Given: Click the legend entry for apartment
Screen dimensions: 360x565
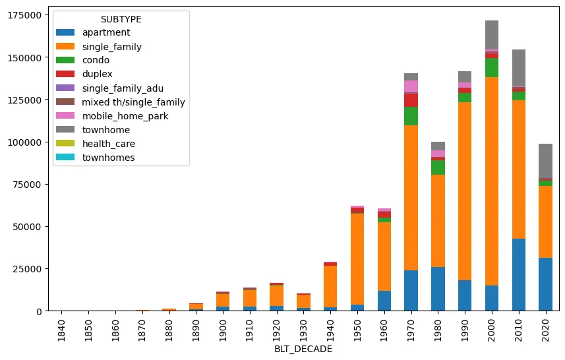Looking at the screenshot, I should point(105,32).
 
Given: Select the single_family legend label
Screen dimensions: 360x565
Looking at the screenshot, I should point(111,46).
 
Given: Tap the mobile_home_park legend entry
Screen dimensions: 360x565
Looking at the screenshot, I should point(125,116).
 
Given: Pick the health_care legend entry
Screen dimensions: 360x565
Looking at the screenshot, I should point(108,144).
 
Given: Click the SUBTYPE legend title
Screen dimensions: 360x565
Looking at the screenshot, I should point(121,19).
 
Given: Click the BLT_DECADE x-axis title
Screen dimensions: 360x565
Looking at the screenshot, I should point(303,349).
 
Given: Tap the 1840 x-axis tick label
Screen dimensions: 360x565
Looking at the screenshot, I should point(61,327).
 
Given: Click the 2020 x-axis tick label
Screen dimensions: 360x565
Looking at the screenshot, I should point(545,327).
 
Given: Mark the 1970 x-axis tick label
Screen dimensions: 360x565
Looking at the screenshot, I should point(411,327).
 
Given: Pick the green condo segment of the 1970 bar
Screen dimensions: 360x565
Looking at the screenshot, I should point(411,115).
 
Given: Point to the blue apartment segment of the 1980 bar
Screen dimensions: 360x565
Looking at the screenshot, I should point(438,289).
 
